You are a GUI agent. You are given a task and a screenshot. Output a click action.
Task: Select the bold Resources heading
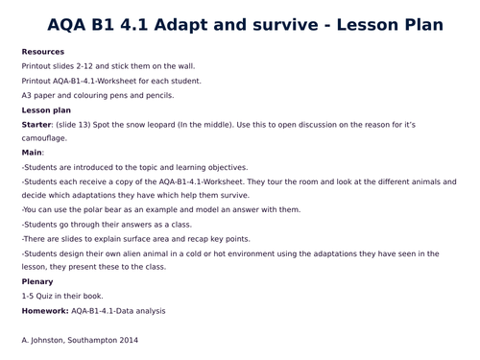tap(42, 50)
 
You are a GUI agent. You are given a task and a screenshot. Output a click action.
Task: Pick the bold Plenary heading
tap(37, 281)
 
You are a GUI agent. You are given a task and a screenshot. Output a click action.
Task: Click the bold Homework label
tap(44, 311)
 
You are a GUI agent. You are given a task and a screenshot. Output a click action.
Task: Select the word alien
tap(135, 252)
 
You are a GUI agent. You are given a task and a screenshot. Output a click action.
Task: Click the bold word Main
tap(33, 152)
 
